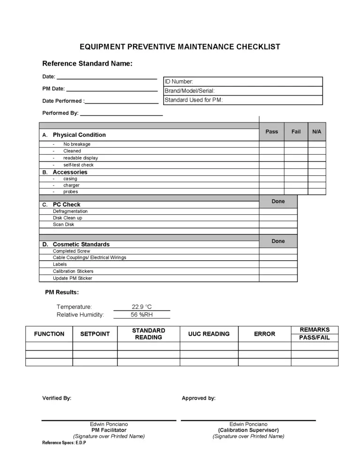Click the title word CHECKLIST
256,47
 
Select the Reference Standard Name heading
87,63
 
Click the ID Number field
243,82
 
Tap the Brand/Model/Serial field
243,91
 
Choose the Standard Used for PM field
243,100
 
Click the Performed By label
60,113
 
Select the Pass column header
271,132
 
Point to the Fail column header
296,132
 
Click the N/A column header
317,132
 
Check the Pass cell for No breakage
271,144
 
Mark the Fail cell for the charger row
296,185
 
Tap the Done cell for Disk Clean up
278,218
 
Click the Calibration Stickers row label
73,271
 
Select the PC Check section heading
67,205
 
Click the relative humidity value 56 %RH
142,315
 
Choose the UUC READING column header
209,334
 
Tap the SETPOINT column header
95,334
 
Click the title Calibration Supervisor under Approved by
248,430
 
